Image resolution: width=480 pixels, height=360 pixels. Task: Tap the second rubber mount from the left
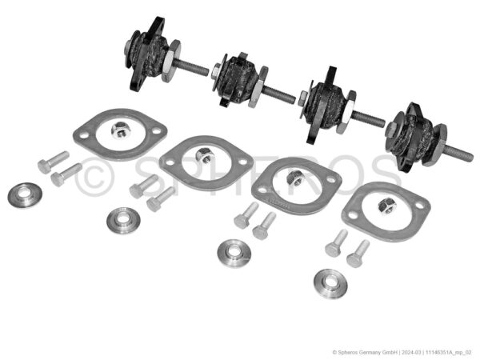(x=236, y=79)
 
